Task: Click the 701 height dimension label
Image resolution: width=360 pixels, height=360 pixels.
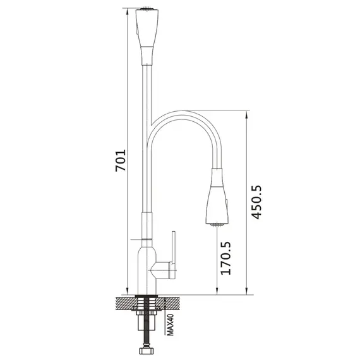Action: click(121, 160)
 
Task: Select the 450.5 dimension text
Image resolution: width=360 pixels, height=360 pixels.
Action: click(256, 202)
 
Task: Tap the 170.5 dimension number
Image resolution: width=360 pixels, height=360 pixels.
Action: click(225, 258)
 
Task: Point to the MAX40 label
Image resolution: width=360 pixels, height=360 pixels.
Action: click(170, 325)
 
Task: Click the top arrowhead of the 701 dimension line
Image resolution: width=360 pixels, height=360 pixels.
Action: click(127, 11)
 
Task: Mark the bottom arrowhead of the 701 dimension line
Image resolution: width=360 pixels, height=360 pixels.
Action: click(127, 291)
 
